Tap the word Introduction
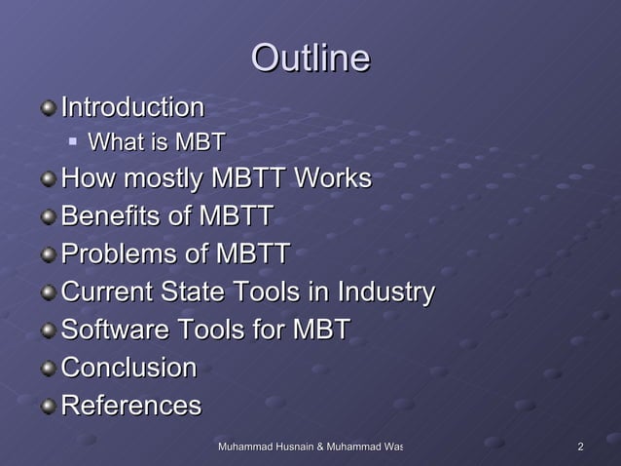[x=132, y=105]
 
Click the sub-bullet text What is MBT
[x=157, y=143]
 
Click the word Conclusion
[x=128, y=368]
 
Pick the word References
[x=130, y=405]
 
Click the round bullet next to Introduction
[x=48, y=106]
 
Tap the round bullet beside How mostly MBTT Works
[x=48, y=180]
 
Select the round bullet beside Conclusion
[x=48, y=369]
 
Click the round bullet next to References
[x=48, y=406]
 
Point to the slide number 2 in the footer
[x=580, y=447]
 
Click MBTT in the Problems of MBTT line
[x=251, y=254]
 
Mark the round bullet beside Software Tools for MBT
[x=48, y=330]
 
